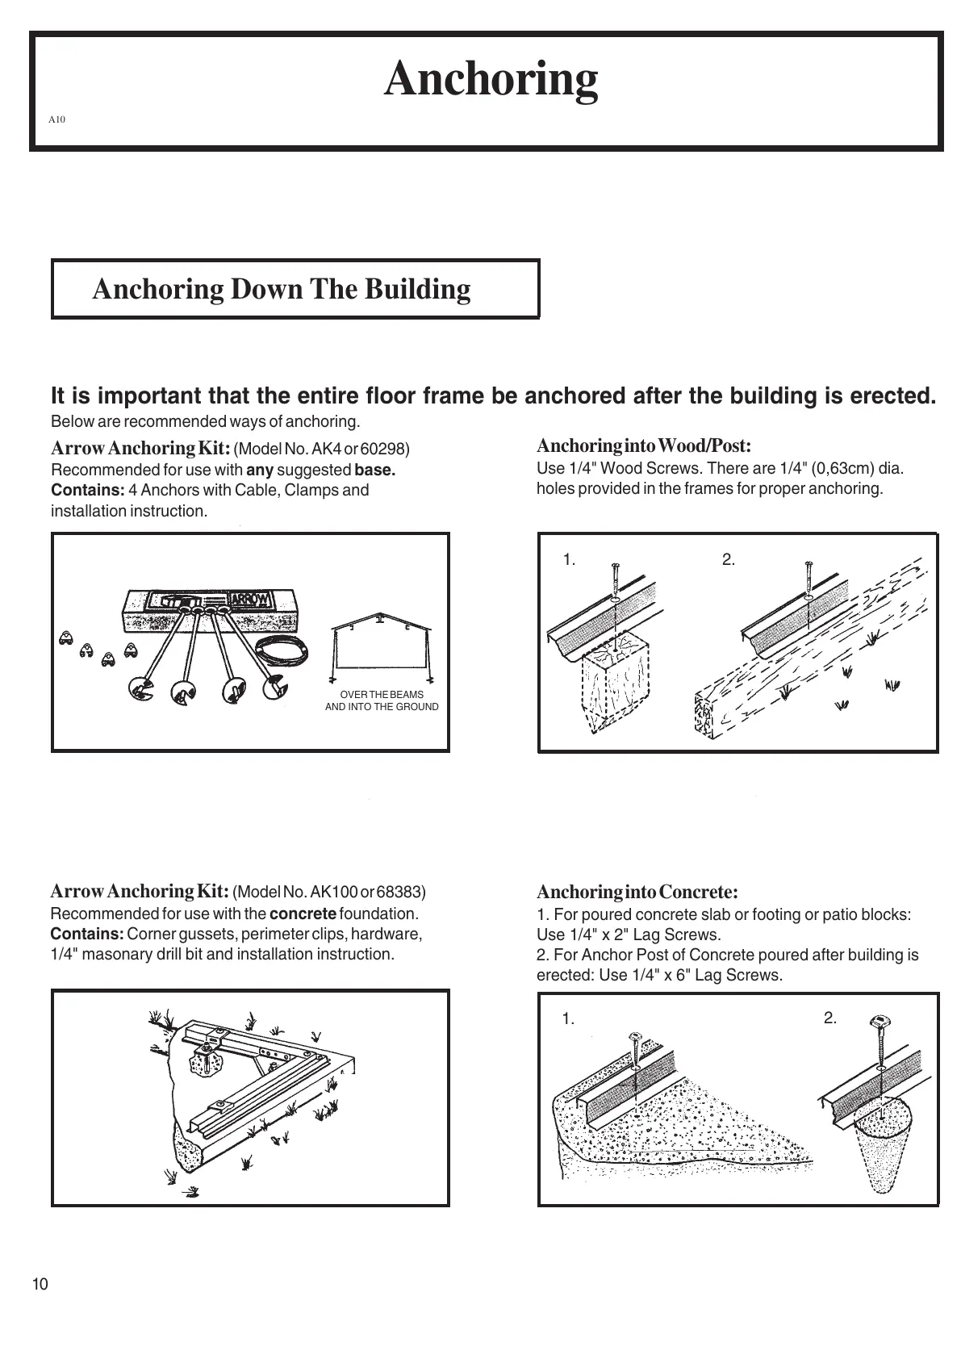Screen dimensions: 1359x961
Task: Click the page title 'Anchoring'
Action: coord(491,79)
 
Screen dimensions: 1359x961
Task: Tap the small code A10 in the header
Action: coord(56,119)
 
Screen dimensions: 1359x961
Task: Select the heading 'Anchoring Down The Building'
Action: coord(281,289)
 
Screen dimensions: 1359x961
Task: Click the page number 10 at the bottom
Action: coord(40,1284)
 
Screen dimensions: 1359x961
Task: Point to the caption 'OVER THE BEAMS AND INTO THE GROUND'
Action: coord(382,700)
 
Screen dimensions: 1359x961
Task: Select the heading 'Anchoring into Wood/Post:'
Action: coord(644,445)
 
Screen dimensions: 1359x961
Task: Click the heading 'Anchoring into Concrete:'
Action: coord(637,892)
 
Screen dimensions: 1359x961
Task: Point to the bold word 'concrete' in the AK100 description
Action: coord(303,914)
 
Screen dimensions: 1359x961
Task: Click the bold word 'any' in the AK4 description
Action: coord(259,470)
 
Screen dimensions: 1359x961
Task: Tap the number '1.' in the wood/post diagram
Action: coord(569,560)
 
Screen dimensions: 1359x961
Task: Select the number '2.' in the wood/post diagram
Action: coord(729,559)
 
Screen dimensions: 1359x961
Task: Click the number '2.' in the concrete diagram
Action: coord(830,1018)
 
